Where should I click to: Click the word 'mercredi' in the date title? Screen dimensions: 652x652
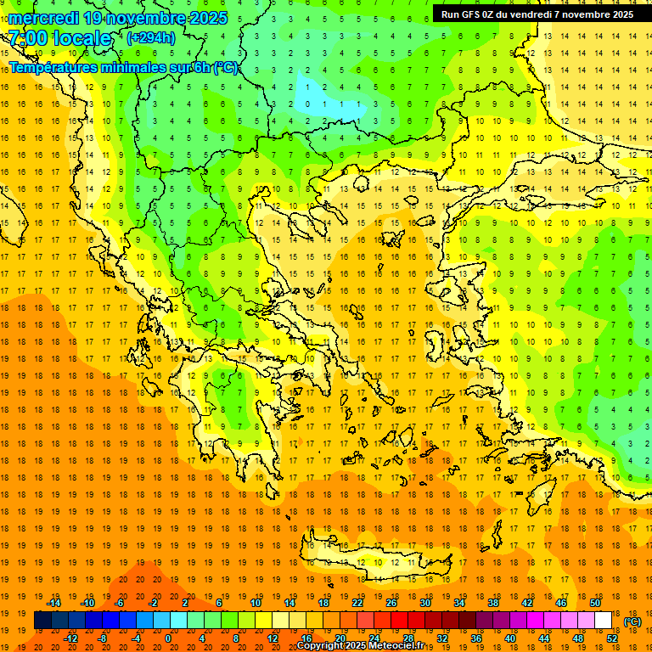click(x=44, y=18)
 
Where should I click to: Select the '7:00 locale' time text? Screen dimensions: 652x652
click(x=60, y=38)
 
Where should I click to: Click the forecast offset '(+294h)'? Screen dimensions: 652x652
click(x=152, y=37)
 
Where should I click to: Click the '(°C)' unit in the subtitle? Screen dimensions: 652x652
click(x=226, y=67)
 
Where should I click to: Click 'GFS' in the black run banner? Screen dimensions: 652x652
click(x=471, y=14)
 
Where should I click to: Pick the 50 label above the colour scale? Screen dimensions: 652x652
click(x=595, y=603)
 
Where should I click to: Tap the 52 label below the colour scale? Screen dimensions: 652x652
click(x=612, y=638)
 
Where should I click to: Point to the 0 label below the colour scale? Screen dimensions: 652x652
click(x=168, y=638)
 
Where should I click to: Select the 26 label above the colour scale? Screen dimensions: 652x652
click(x=391, y=603)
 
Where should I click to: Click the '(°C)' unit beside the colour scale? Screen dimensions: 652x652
click(x=632, y=621)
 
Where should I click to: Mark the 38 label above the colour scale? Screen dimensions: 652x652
click(x=493, y=603)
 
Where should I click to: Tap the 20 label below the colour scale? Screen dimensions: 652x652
click(x=340, y=638)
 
